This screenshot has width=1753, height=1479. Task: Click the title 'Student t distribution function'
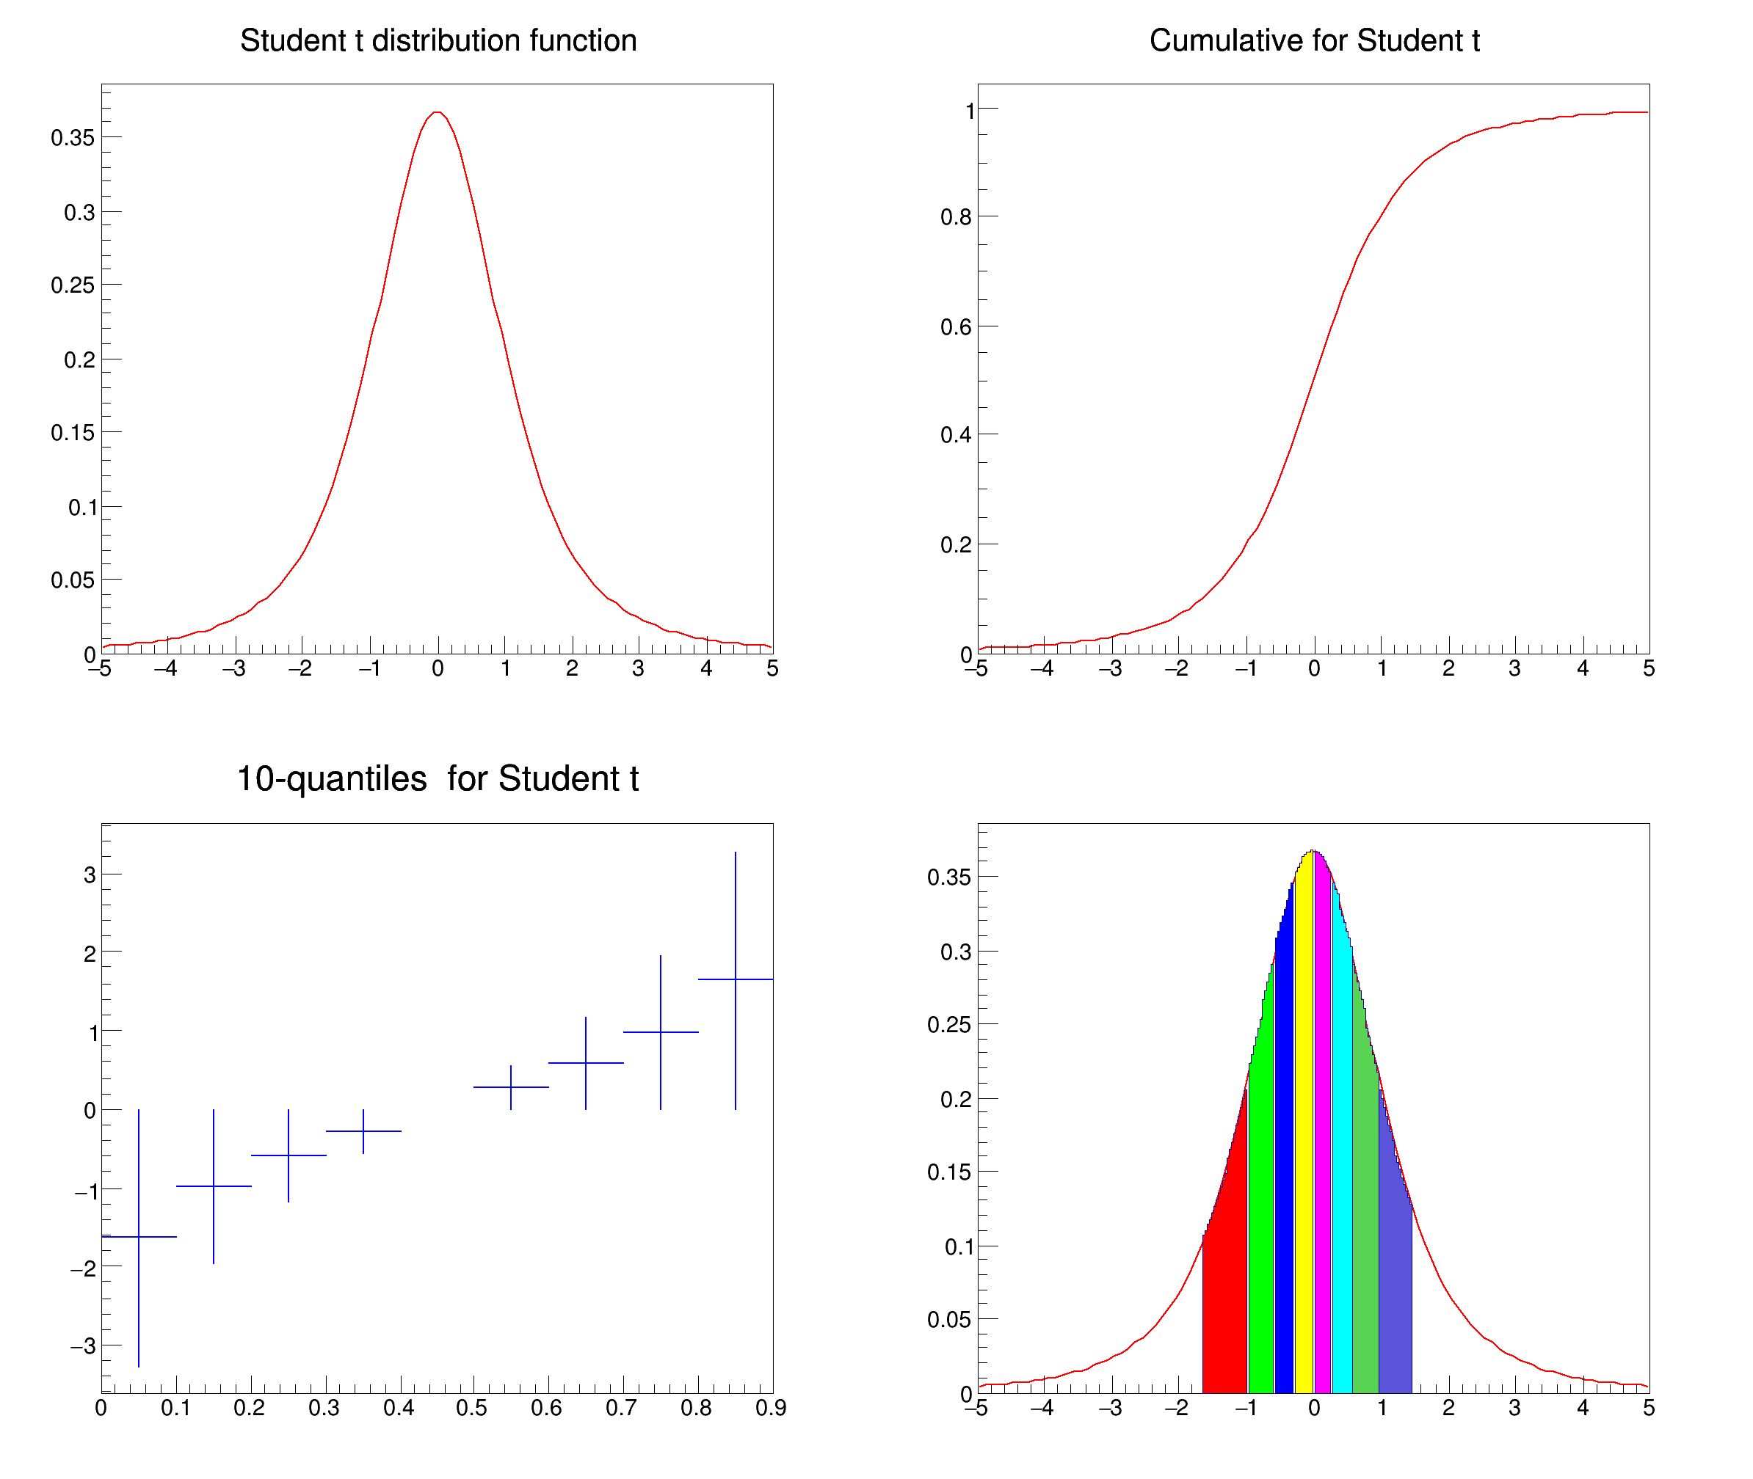point(438,40)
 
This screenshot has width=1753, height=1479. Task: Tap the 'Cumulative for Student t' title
point(1313,40)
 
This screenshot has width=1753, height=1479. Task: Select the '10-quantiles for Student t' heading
point(437,779)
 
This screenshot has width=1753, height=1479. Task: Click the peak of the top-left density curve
point(437,112)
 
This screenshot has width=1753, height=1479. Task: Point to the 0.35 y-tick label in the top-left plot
point(72,137)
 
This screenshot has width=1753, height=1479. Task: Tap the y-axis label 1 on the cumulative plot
point(970,111)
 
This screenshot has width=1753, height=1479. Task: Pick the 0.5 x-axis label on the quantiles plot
point(471,1408)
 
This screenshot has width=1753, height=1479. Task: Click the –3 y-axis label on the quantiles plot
point(83,1345)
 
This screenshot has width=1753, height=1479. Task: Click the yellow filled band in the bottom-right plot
point(1304,1174)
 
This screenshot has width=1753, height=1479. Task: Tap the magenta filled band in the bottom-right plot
point(1323,1174)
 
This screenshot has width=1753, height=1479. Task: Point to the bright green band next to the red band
point(1260,1216)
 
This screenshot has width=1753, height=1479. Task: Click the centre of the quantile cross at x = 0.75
point(660,1032)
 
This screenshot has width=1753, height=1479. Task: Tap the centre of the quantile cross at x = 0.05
point(139,1237)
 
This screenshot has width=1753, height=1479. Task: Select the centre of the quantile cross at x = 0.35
point(363,1131)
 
